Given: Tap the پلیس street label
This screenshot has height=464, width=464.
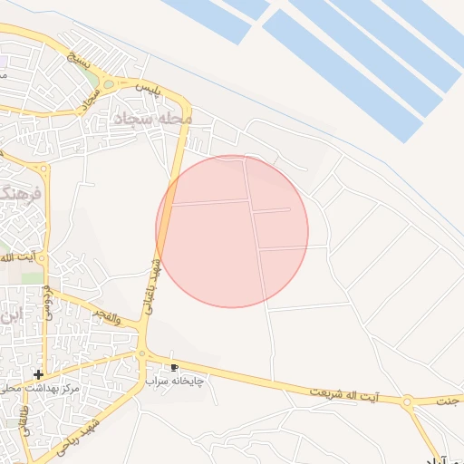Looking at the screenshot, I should tap(148, 89).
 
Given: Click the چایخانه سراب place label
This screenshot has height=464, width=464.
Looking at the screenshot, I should tap(175, 382).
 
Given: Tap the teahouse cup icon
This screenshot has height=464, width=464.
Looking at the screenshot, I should tap(175, 367).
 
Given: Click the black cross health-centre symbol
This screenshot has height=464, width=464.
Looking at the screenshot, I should tap(38, 374).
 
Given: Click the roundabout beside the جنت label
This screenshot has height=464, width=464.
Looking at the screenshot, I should tap(407, 401).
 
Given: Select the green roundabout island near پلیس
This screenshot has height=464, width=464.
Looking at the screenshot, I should tap(110, 84).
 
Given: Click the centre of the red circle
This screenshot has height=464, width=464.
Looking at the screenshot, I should tap(232, 231).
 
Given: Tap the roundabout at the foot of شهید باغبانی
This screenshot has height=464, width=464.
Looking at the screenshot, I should tap(142, 353).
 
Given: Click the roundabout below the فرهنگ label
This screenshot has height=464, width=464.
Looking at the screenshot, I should tap(42, 169).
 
